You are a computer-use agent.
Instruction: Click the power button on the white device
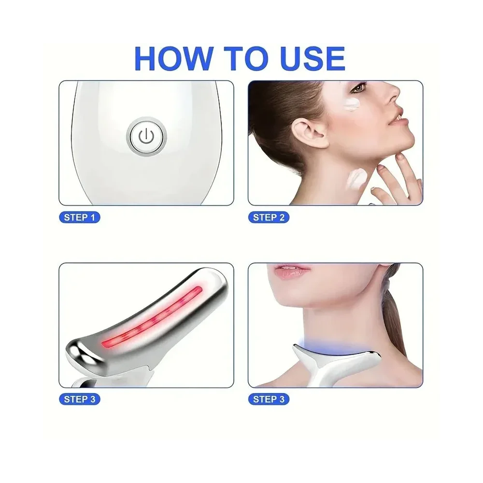click(146, 136)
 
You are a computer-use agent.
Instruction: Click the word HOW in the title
click(174, 59)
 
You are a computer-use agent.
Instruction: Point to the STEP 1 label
click(80, 217)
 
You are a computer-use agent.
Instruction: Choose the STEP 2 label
click(269, 217)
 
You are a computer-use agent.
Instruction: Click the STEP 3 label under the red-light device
click(80, 399)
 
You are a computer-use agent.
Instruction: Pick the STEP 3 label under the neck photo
click(269, 399)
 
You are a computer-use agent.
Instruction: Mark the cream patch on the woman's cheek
click(353, 104)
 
